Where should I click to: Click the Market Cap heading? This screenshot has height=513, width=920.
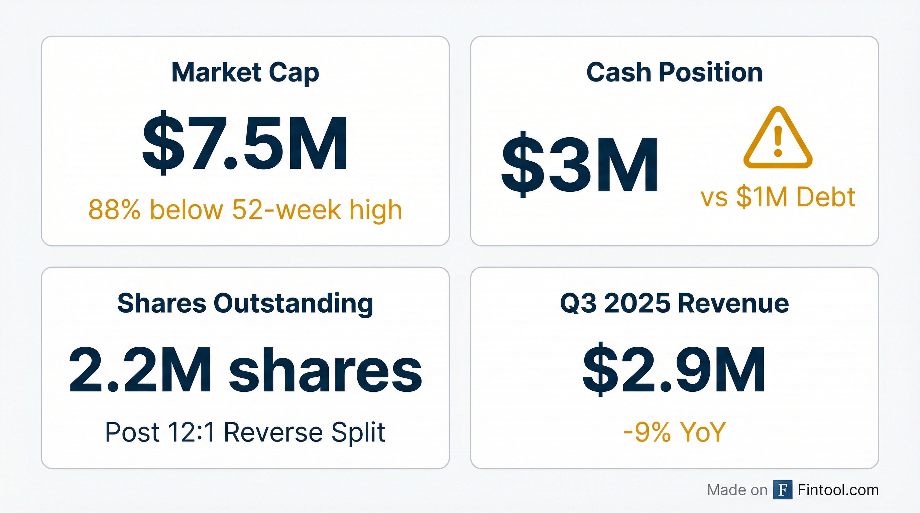click(245, 73)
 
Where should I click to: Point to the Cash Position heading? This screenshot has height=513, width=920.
click(674, 73)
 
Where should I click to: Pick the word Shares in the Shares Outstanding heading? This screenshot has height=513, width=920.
click(161, 304)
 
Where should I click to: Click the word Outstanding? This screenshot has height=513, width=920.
click(293, 304)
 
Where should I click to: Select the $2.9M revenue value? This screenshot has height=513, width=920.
click(674, 370)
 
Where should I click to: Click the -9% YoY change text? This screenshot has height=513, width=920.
click(674, 433)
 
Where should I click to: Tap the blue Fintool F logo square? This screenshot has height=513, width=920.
click(783, 490)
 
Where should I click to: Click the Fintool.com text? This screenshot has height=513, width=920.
click(838, 490)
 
